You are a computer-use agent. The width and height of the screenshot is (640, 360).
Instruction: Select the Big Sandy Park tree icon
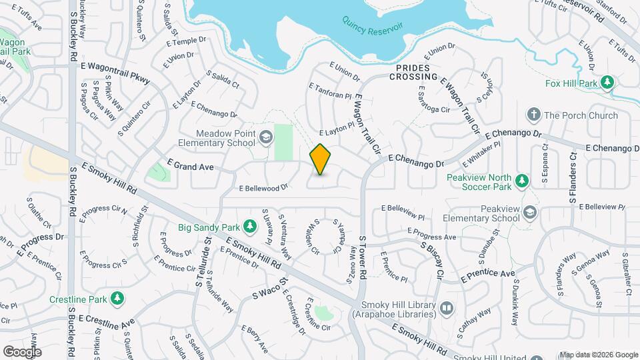tap(250, 227)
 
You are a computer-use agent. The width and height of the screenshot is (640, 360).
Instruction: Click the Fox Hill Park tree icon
tap(607, 83)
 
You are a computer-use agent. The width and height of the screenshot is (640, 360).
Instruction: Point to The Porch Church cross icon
tap(533, 115)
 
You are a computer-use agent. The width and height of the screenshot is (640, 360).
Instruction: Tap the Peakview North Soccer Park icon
tap(522, 181)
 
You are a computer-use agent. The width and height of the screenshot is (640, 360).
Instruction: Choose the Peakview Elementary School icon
tap(530, 212)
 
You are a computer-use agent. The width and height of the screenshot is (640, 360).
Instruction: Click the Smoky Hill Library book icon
tap(446, 308)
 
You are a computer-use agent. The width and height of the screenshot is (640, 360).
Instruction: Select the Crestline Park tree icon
tap(117, 297)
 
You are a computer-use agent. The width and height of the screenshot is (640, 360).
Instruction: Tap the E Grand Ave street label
tap(191, 164)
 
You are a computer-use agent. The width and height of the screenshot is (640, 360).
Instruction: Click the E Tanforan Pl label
tap(329, 91)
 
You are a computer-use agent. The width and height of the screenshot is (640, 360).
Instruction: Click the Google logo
tap(22, 352)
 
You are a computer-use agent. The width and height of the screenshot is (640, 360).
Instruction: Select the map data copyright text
tap(599, 355)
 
